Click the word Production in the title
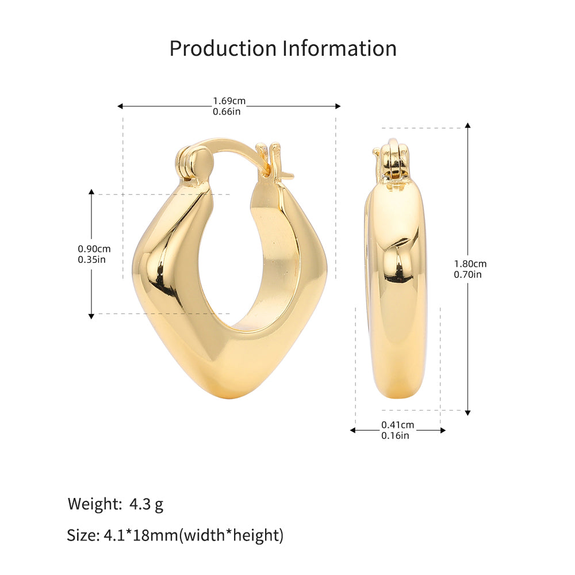click(x=223, y=48)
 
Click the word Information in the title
click(x=340, y=48)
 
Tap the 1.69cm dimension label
click(x=229, y=101)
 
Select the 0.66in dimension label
click(x=227, y=112)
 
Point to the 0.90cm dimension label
click(x=94, y=249)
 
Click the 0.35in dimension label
click(x=91, y=260)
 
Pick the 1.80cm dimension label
click(x=470, y=264)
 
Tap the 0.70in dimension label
click(x=467, y=275)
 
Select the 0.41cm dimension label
click(x=397, y=425)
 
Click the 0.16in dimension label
click(x=395, y=436)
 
